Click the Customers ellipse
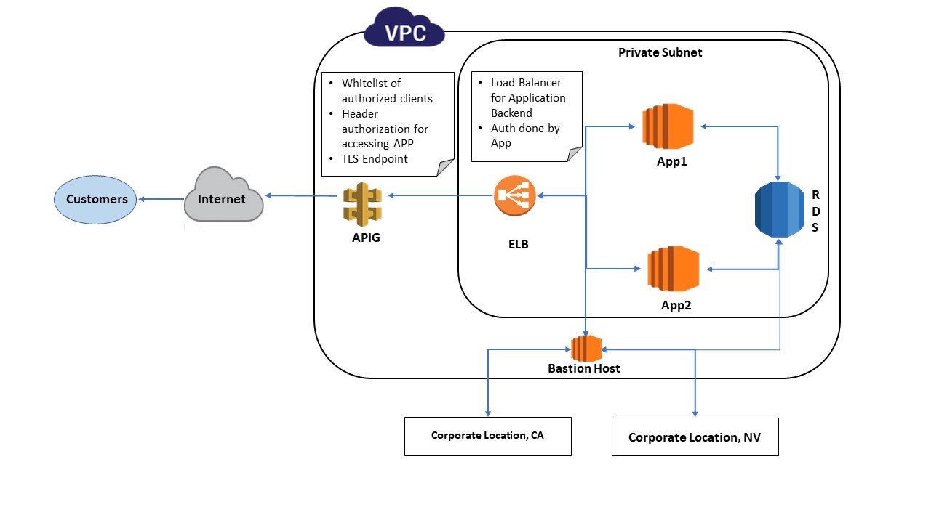pyautogui.click(x=95, y=199)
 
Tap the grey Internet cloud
pyautogui.click(x=223, y=197)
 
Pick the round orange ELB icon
pyautogui.click(x=515, y=195)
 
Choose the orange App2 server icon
pyautogui.click(x=673, y=269)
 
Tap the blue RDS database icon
pyautogui.click(x=780, y=209)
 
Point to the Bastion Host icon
pyautogui.click(x=586, y=348)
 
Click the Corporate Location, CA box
pyautogui.click(x=487, y=436)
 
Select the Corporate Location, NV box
pyautogui.click(x=695, y=437)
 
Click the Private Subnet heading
pyautogui.click(x=660, y=52)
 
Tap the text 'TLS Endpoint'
pyautogui.click(x=375, y=158)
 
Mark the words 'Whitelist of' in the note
pyautogui.click(x=371, y=83)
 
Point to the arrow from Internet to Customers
pyautogui.click(x=161, y=199)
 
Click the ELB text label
pyautogui.click(x=518, y=244)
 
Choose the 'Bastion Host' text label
pyautogui.click(x=583, y=368)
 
